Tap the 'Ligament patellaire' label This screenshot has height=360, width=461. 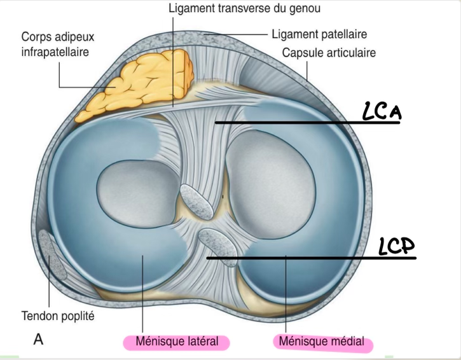pyautogui.click(x=319, y=33)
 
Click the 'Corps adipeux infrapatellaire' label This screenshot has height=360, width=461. pyautogui.click(x=55, y=44)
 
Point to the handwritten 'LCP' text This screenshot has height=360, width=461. pyautogui.click(x=396, y=247)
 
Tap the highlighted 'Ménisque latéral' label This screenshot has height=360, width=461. pyautogui.click(x=175, y=342)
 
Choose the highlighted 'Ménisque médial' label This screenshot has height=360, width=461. pyautogui.click(x=322, y=342)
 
